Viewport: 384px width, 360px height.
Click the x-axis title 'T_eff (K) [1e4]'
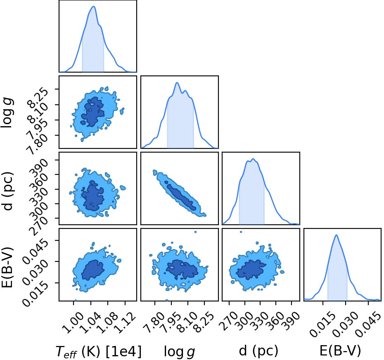(x=99, y=352)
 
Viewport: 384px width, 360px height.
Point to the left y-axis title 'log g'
(x=7, y=112)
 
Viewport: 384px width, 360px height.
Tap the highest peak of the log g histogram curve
(x=177, y=82)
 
